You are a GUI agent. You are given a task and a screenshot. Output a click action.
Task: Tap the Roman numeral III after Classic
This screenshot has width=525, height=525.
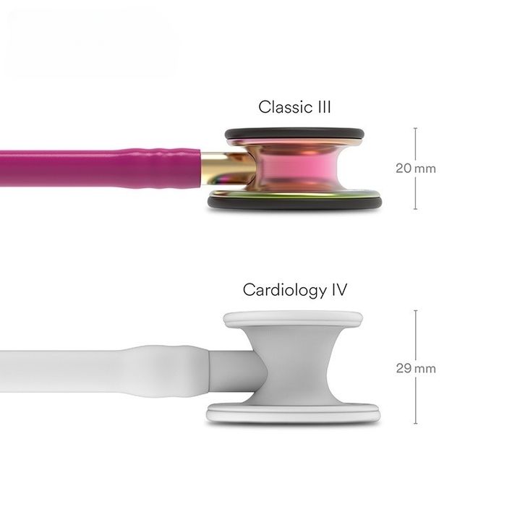(x=322, y=107)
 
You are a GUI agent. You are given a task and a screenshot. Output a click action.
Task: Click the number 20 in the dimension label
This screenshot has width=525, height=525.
(x=403, y=168)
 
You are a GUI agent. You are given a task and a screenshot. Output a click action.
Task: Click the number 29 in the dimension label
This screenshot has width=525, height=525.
(x=403, y=368)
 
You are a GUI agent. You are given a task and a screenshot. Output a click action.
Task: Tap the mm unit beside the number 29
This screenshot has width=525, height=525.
(x=426, y=369)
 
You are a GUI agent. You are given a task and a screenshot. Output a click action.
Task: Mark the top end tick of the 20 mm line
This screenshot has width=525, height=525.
(x=415, y=129)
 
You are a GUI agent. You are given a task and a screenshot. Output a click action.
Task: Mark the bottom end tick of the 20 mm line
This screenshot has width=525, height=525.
(x=415, y=209)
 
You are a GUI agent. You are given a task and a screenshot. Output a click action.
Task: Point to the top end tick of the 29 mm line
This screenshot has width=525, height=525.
(x=415, y=311)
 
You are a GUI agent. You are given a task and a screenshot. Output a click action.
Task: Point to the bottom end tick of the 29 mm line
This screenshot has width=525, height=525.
(x=415, y=424)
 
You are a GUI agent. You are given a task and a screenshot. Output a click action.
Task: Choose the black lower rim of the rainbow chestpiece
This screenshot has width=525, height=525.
(x=295, y=203)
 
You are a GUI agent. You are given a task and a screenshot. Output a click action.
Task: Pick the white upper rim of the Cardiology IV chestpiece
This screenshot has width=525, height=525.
(x=293, y=319)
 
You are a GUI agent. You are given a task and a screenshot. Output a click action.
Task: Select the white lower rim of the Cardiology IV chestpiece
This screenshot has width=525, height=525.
(x=293, y=414)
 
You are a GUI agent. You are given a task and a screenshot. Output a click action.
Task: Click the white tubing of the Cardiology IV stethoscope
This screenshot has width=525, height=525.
(x=72, y=368)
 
